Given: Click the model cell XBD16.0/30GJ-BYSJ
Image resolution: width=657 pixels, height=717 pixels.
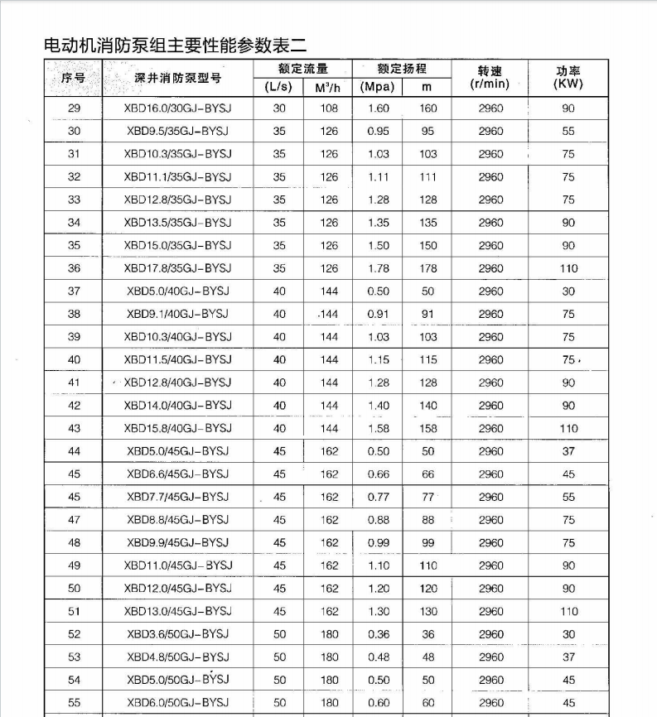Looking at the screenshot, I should [x=177, y=108].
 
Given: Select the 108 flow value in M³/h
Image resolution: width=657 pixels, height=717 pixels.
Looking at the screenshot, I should [x=329, y=108].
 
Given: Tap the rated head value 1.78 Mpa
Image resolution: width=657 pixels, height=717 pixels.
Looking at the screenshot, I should [x=378, y=268].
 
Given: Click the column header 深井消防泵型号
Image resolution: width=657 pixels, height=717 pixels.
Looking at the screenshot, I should [x=177, y=78].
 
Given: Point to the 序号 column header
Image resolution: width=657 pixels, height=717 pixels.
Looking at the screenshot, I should [x=74, y=78].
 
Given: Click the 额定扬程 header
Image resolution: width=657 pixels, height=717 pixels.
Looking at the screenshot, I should [x=402, y=69].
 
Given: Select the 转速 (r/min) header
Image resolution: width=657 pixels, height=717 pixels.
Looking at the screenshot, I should [x=490, y=78].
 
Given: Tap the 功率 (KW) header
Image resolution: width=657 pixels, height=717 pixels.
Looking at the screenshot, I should [x=568, y=78].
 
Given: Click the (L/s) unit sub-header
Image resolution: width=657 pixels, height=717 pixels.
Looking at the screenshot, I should [x=278, y=87].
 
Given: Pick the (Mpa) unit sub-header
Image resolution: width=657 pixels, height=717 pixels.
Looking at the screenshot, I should [x=378, y=87].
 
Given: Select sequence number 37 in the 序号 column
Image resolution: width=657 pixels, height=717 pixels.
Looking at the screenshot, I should [x=74, y=291].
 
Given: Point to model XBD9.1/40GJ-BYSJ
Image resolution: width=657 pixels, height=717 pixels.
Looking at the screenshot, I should [x=177, y=315].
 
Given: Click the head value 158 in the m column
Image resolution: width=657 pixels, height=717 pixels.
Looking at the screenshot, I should [x=428, y=429].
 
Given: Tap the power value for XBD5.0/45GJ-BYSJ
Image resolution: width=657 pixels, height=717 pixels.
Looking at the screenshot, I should [x=568, y=452].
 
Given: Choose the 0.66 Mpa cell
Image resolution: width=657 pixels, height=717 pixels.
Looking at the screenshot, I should [x=378, y=474].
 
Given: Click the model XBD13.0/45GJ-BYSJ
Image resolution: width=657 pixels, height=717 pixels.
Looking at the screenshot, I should [x=177, y=612].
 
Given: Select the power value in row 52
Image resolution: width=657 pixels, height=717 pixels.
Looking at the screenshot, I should [x=568, y=635].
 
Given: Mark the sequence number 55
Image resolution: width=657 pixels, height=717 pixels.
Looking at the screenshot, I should [x=74, y=703].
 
